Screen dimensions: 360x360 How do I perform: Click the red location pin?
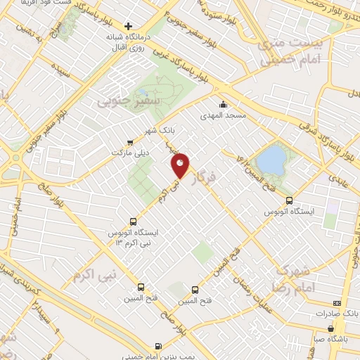coord(180,165)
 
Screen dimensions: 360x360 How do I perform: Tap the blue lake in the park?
coord(269,160)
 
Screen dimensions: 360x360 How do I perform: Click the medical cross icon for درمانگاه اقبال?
coord(129,26)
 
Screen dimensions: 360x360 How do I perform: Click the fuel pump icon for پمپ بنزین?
coord(157,345)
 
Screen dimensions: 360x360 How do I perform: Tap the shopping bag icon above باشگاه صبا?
coord(330,327)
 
